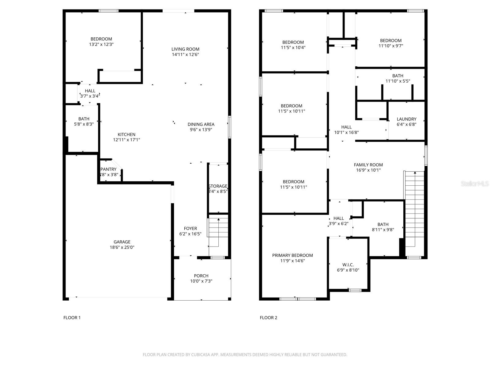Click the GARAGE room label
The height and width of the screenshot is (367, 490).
tap(122, 242)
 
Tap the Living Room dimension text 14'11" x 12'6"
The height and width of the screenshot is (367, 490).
tap(185, 54)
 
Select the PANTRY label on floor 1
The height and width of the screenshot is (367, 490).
tap(108, 169)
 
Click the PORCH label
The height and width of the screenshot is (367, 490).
tap(201, 276)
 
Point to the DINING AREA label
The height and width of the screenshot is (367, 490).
tap(201, 124)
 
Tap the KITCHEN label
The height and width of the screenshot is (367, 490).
tap(126, 134)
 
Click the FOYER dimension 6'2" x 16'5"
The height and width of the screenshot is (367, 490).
tap(190, 234)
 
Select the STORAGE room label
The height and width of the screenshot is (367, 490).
tap(218, 186)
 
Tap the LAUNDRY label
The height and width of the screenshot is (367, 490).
tap(406, 119)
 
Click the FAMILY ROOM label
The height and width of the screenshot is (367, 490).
tap(368, 165)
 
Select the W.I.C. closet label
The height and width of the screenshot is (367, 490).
tap(348, 265)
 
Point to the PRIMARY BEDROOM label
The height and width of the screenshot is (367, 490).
tap(292, 255)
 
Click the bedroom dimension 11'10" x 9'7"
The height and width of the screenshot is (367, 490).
tap(391, 46)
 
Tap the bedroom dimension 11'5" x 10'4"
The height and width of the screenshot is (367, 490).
tap(293, 47)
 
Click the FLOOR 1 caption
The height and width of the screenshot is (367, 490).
tap(72, 317)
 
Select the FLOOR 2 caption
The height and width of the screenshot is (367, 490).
tap(268, 317)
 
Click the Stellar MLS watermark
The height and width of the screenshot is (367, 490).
tap(475, 183)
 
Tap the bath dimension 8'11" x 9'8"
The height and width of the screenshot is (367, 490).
tap(383, 230)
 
